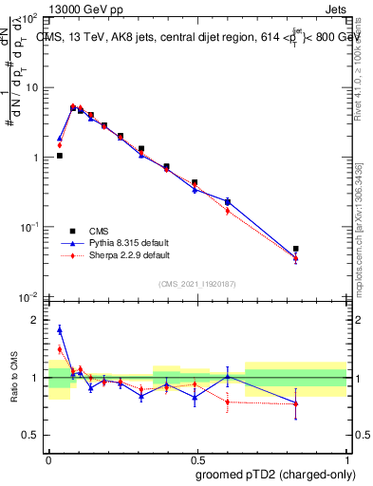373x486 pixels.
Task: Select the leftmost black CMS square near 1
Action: pyautogui.click(x=59, y=156)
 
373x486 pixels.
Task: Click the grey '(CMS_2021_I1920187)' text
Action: pyautogui.click(x=197, y=283)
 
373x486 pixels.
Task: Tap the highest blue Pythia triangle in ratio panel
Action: pyautogui.click(x=60, y=329)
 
